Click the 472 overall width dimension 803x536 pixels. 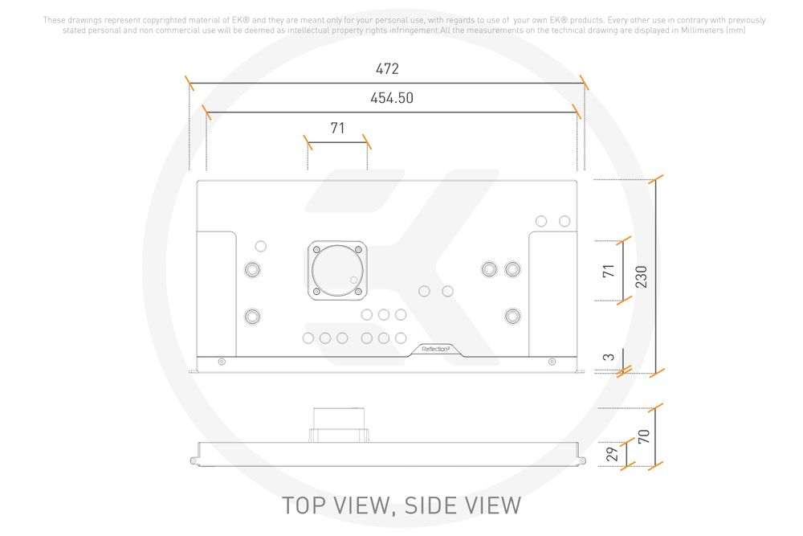point(386,69)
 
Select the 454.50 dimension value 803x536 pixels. point(392,98)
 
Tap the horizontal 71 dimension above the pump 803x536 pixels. point(337,128)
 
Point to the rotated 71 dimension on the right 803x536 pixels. point(608,271)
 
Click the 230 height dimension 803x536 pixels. point(641,276)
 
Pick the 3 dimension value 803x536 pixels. point(609,358)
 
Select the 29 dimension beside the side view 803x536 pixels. point(611,453)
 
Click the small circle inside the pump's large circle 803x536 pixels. point(354,280)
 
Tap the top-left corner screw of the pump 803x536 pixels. point(316,249)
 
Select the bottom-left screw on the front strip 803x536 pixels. point(222,362)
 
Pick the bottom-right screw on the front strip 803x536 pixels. point(552,362)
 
